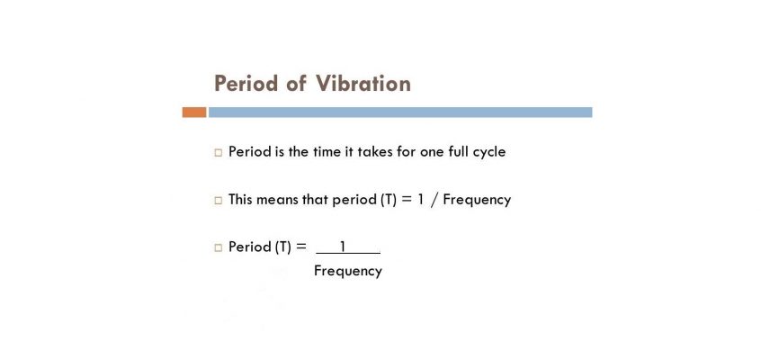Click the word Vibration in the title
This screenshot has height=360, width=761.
point(363,83)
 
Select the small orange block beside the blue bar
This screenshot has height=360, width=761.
point(194,112)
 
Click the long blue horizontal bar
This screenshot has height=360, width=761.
point(400,112)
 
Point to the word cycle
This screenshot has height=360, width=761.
point(489,153)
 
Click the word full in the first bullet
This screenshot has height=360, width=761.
point(458,151)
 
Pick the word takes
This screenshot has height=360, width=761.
point(375,151)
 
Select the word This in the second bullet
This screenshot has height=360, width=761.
point(240,199)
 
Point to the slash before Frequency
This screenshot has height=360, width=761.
point(434,200)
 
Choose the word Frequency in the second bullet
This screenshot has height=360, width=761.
point(477,200)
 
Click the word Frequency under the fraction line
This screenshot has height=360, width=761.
point(348,271)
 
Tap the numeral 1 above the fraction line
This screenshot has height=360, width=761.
point(343,247)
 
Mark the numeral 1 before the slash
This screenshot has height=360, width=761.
point(420,199)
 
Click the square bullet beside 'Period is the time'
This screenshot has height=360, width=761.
point(218,153)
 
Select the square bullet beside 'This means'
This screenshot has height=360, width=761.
point(218,200)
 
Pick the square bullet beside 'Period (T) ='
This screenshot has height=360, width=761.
point(218,247)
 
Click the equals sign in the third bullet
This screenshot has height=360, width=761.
point(301,247)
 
